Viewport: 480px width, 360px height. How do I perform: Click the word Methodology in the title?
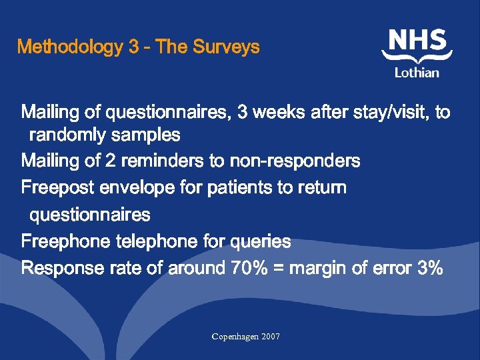coord(71,48)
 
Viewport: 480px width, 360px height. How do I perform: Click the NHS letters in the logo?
coord(417,41)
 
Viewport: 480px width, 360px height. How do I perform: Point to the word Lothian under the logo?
coord(417,73)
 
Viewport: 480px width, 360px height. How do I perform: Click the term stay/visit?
coord(388,112)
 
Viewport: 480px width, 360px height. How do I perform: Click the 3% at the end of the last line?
coord(430,268)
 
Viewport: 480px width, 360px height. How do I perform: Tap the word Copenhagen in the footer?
coord(235,337)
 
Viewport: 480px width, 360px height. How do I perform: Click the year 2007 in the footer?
coord(271,337)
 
